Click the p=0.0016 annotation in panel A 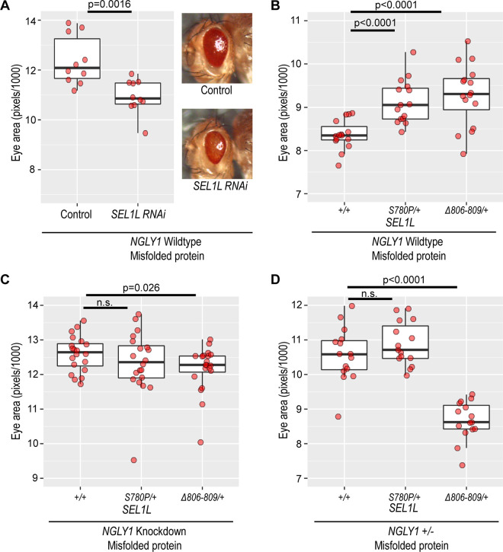[110, 5]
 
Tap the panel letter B [274, 6]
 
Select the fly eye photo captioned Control [217, 48]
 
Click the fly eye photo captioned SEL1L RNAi [217, 144]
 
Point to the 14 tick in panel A [30, 21]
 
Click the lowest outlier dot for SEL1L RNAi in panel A [145, 133]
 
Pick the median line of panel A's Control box [77, 68]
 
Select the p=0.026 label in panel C [141, 288]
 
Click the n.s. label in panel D [370, 294]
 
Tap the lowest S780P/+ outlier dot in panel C [134, 460]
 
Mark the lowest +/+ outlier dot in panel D [338, 416]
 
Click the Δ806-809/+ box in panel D [466, 417]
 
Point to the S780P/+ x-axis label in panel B [404, 210]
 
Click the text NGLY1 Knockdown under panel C [144, 531]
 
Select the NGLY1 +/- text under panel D [411, 531]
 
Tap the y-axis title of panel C [17, 391]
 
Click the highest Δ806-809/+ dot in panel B [468, 41]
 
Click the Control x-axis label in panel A [76, 214]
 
